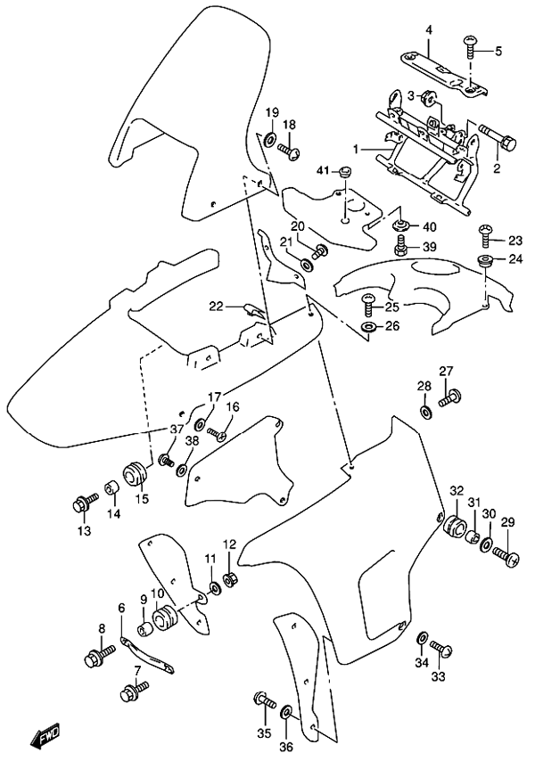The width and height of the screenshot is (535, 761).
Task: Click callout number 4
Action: point(428,30)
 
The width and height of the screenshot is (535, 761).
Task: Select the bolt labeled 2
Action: point(498,139)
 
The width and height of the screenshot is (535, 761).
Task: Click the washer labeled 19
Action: point(268,139)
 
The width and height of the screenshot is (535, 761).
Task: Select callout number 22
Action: point(215,307)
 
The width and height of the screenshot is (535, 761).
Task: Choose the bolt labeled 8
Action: point(96,659)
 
